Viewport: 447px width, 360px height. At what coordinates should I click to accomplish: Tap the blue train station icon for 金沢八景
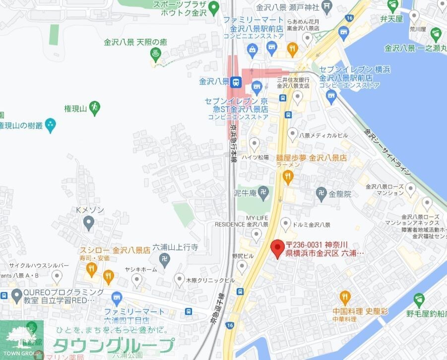[x=237, y=82]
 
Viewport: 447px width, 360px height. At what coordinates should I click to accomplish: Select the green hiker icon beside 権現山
[x=95, y=106]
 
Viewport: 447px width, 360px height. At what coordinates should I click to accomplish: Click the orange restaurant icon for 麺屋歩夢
[x=288, y=176]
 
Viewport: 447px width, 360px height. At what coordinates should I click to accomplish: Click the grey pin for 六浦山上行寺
[x=165, y=258]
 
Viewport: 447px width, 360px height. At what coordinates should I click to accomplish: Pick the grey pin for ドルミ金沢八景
[x=286, y=223]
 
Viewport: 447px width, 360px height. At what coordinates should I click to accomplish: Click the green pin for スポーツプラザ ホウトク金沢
[x=214, y=7]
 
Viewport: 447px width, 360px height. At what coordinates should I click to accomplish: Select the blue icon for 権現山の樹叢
[x=51, y=126]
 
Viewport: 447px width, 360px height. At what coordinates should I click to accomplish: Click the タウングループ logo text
[x=114, y=345]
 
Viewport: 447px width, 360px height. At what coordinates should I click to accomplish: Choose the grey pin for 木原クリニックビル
[x=180, y=280]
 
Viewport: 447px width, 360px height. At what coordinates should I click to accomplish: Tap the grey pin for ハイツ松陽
[x=255, y=144]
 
